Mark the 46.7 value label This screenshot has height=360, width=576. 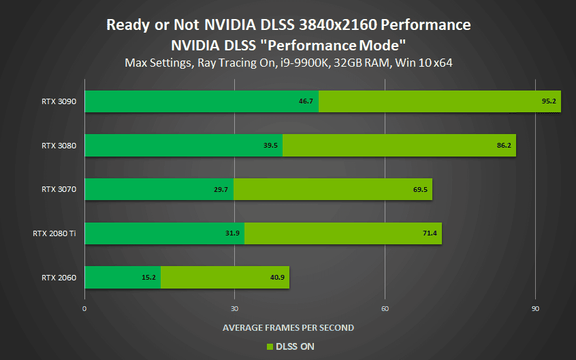pos(306,101)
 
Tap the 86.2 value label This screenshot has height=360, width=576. pos(505,145)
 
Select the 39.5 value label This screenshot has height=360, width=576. pos(271,145)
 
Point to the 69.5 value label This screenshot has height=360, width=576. pos(420,189)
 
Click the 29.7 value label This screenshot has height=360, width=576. pos(221,189)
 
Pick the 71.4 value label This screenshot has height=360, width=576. pos(430,233)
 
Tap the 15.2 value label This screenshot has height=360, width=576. pos(149,277)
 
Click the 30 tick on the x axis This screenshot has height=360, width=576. pos(235,308)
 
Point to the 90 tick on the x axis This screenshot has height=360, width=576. pos(535,308)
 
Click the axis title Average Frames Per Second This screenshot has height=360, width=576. pos(288,327)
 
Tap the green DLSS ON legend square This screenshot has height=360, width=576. pos(270,346)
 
